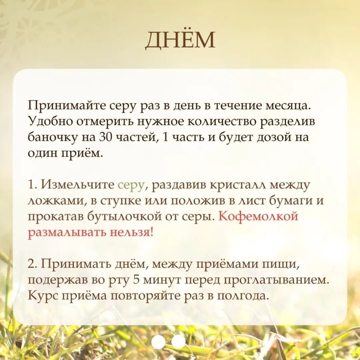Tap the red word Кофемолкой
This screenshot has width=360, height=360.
coord(258,216)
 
